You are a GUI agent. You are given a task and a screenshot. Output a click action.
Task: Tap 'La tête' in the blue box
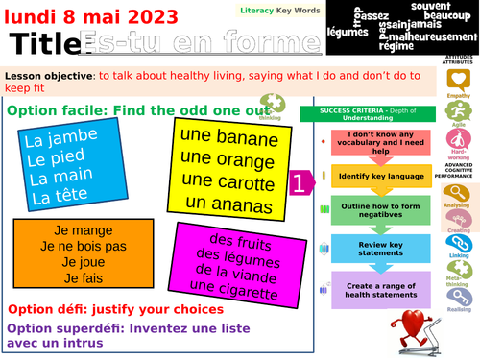pos(59,197)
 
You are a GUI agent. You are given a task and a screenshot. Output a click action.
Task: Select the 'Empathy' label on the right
pos(460,95)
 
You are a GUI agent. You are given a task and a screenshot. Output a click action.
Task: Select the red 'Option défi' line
pos(115,309)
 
